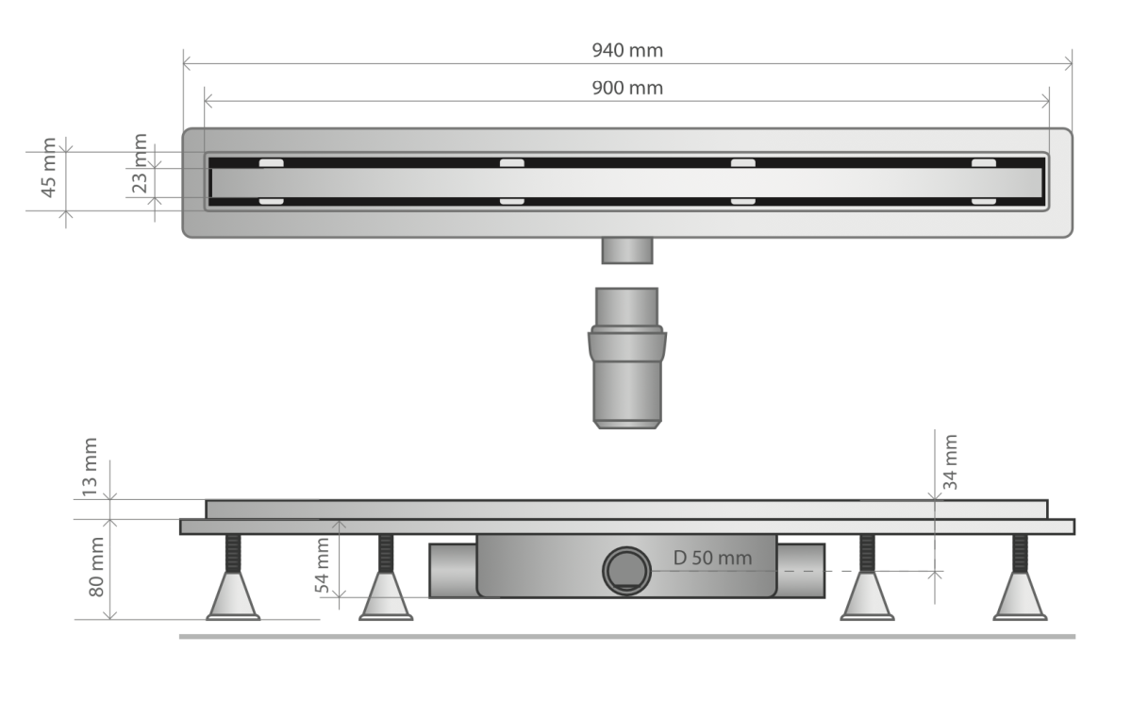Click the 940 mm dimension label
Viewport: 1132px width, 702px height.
pyautogui.click(x=627, y=51)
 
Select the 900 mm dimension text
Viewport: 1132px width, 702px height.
pyautogui.click(x=627, y=89)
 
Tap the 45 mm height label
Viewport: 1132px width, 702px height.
pyautogui.click(x=48, y=167)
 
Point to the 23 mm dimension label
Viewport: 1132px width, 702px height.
pyautogui.click(x=139, y=163)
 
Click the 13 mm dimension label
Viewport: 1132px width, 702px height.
pyautogui.click(x=90, y=467)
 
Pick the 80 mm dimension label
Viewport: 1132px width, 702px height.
pyautogui.click(x=96, y=566)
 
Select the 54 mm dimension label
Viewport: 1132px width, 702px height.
pyautogui.click(x=322, y=565)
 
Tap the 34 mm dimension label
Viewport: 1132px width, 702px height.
pyautogui.click(x=950, y=462)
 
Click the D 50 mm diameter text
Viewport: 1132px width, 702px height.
pyautogui.click(x=712, y=558)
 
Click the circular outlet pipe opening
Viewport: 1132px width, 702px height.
pyautogui.click(x=626, y=571)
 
